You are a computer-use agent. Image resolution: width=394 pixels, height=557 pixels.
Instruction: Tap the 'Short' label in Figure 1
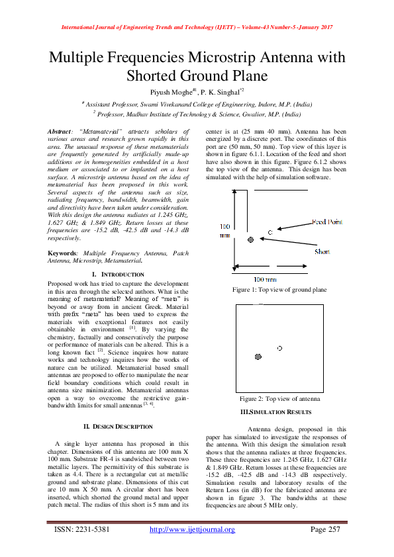click(322, 252)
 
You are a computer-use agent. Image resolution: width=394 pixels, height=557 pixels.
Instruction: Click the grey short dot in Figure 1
click(250, 239)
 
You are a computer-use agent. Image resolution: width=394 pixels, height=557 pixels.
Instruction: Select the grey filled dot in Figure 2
click(258, 358)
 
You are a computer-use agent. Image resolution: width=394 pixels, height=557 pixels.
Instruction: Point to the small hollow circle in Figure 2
click(279, 348)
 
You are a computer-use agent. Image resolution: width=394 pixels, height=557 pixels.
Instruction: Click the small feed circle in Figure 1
click(270, 232)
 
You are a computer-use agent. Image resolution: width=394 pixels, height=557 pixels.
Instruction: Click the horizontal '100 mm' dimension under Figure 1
click(266, 280)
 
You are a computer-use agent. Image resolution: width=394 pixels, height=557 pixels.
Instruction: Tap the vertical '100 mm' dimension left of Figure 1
click(225, 231)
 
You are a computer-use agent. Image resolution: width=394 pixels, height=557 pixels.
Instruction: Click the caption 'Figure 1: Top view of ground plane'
click(279, 290)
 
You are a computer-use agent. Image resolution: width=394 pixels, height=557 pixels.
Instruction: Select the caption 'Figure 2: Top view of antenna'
click(279, 400)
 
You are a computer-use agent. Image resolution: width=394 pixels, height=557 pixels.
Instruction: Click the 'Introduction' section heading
click(118, 274)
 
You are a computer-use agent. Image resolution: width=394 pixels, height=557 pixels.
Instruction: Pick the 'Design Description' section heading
click(118, 426)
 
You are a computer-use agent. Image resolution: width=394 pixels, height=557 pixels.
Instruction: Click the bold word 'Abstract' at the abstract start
click(64, 132)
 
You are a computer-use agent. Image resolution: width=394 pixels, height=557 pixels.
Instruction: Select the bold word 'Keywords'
click(66, 253)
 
